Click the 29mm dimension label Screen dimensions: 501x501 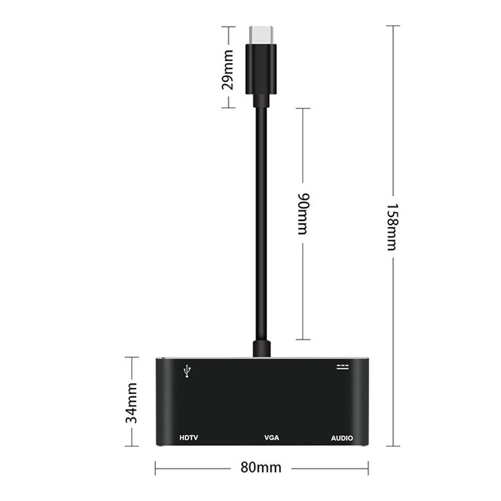[228, 68]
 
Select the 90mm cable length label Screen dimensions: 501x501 [303, 213]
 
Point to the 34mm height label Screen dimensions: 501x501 [131, 402]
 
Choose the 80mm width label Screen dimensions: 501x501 [261, 468]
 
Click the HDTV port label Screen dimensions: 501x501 [189, 438]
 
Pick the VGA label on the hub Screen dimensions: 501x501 [272, 438]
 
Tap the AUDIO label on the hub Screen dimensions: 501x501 [342, 438]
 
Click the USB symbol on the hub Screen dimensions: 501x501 [187, 371]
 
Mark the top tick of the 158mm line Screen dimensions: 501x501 [393, 26]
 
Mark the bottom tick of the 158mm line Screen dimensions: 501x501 [393, 445]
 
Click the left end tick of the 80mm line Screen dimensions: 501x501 [156, 468]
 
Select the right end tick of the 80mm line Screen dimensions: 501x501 [368, 468]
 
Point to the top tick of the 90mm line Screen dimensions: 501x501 [303, 108]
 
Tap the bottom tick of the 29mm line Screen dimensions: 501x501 [228, 107]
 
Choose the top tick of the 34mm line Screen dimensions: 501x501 [131, 357]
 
